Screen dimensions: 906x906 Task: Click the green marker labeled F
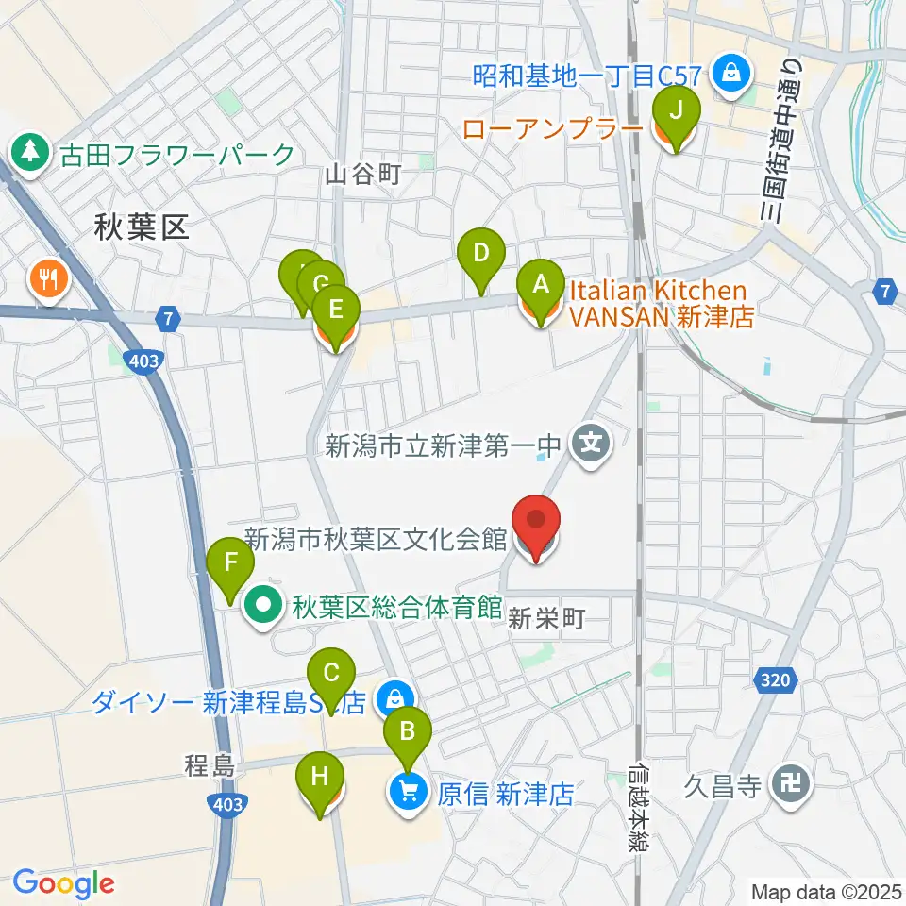[231, 567]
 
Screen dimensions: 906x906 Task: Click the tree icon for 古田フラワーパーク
[31, 151]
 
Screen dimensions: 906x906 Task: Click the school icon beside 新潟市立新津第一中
[592, 440]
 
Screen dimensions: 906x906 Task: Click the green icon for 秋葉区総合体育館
[262, 605]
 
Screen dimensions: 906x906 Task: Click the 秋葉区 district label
[142, 226]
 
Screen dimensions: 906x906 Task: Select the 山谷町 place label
[364, 174]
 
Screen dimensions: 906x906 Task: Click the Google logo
[63, 883]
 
